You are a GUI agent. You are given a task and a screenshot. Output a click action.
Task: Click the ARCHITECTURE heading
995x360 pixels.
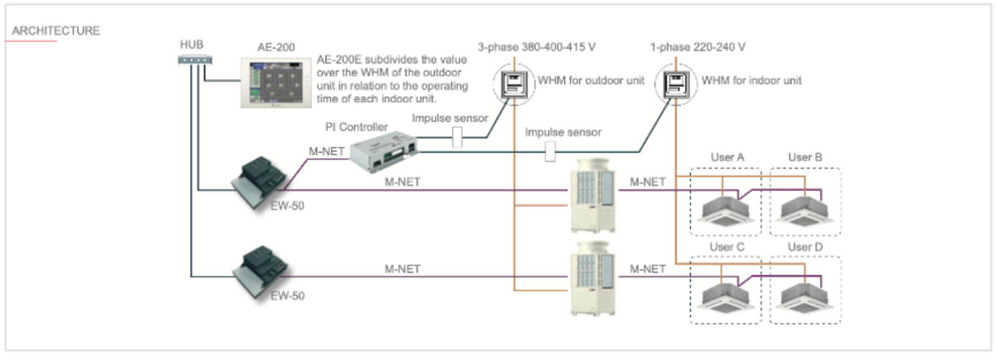56,31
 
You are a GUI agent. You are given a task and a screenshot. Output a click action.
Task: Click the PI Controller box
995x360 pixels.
387,152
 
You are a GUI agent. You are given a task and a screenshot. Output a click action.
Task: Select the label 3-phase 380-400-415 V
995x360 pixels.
537,47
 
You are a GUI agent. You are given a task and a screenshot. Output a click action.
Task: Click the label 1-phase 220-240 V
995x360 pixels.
696,47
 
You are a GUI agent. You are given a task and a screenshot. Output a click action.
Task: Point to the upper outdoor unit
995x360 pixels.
592,197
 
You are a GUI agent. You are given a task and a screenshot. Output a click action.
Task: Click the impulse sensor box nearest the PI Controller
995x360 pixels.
456,136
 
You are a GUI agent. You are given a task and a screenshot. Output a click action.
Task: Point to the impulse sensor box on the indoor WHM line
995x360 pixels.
551,151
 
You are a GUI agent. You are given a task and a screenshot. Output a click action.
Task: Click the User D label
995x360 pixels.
805,247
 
